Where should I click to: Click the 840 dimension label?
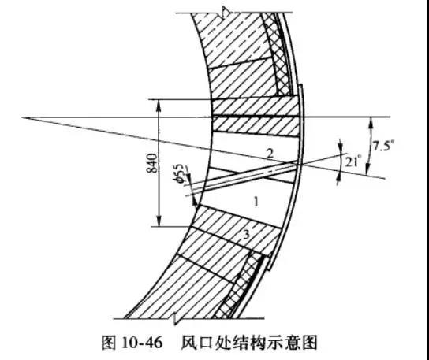click(x=153, y=163)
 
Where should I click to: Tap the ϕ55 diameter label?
click(x=179, y=173)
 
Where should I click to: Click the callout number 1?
click(x=256, y=202)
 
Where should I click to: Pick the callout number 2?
click(x=270, y=154)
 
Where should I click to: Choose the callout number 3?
click(x=246, y=235)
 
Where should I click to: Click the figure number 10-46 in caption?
click(x=142, y=342)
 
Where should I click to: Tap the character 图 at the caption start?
click(x=109, y=342)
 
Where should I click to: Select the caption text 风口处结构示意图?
click(x=248, y=342)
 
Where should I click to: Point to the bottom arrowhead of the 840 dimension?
click(x=159, y=221)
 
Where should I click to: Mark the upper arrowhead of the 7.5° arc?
click(x=371, y=121)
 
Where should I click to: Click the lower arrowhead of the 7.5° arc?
click(x=368, y=169)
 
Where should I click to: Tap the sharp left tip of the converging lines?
click(x=22, y=117)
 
